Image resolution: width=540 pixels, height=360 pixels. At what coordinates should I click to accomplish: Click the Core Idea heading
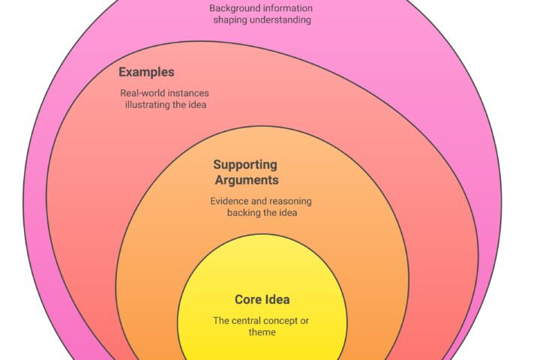[262, 300]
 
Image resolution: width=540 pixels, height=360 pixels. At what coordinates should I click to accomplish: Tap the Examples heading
[146, 73]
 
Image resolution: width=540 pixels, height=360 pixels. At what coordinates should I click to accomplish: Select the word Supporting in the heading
[244, 165]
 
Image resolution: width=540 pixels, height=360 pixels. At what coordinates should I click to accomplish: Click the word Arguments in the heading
[246, 180]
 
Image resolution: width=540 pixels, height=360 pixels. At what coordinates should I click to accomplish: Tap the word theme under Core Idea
[262, 332]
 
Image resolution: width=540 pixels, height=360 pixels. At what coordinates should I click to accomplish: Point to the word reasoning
[289, 202]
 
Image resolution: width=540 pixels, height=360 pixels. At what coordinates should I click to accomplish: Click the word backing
[245, 213]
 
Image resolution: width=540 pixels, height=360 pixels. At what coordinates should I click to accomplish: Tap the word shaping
[230, 19]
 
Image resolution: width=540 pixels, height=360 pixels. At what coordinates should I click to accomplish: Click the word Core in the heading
[248, 300]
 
